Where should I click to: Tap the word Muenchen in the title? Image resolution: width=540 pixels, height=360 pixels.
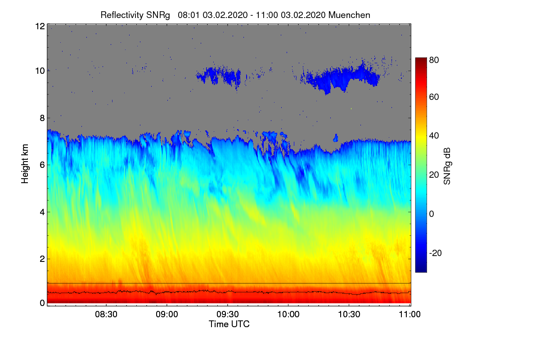[x=349, y=15]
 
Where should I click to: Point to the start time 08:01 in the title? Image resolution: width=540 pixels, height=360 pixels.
[x=189, y=15]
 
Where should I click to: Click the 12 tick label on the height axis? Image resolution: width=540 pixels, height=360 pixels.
[x=40, y=26]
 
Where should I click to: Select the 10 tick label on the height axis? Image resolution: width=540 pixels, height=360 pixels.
[x=40, y=71]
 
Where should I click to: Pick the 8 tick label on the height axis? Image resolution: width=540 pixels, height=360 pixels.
[x=42, y=118]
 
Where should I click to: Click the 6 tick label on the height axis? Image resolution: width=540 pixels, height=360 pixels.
[x=42, y=165]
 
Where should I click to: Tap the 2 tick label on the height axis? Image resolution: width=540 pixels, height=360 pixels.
[x=42, y=259]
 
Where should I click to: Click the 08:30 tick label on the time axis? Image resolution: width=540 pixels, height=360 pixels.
[x=106, y=315]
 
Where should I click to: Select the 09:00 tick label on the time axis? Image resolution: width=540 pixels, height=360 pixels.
[x=167, y=315]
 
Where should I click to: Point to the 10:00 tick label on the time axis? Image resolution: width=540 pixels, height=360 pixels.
[x=288, y=315]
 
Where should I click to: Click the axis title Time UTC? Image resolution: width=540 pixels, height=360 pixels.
[x=229, y=324]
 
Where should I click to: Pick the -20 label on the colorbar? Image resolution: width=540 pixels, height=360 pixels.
[x=435, y=253]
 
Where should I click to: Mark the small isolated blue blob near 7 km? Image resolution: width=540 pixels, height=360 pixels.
[x=335, y=137]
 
